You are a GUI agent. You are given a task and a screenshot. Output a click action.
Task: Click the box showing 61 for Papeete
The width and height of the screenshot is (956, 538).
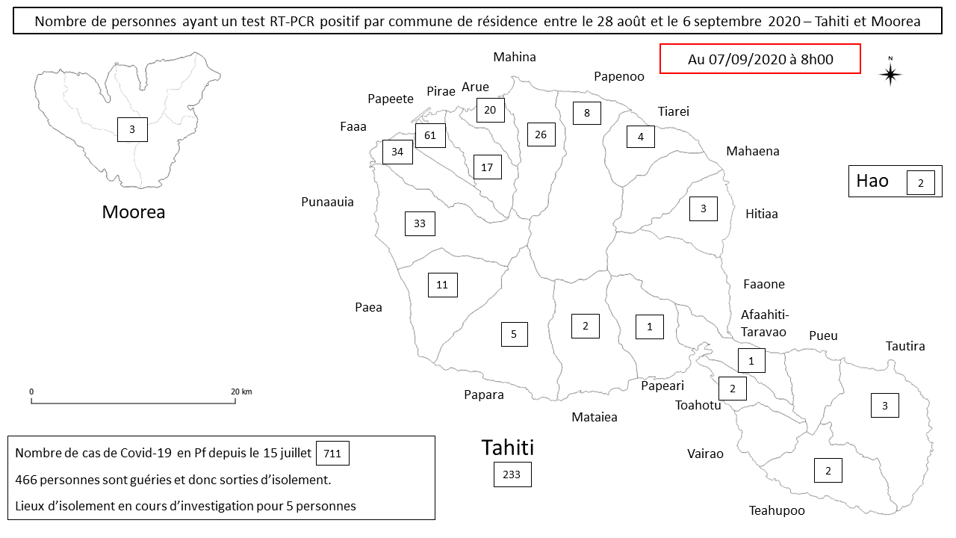click(430, 135)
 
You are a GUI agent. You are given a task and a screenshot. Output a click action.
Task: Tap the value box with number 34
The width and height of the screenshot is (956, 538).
click(397, 152)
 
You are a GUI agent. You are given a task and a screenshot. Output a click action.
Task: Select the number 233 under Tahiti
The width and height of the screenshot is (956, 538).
click(512, 474)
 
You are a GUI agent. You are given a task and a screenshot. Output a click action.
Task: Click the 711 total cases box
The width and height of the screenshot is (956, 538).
click(333, 454)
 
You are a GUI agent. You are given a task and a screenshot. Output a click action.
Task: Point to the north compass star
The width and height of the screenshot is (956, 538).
click(890, 74)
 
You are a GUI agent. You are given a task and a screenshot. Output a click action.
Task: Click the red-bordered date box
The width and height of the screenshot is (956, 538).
click(760, 59)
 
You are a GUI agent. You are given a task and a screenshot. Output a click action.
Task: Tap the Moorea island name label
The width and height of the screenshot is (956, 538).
click(134, 212)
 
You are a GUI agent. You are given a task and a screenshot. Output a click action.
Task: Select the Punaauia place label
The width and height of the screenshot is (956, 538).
click(327, 202)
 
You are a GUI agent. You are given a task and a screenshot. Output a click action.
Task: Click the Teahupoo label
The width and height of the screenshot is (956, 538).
click(777, 511)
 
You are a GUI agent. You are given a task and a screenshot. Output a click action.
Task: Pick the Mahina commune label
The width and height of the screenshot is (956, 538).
click(515, 57)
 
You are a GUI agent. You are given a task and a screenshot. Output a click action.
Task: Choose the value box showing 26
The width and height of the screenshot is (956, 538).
click(541, 134)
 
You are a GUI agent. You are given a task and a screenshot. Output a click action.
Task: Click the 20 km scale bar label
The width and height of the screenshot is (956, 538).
click(241, 392)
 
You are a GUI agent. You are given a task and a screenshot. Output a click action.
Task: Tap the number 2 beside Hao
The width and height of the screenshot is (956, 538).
click(921, 183)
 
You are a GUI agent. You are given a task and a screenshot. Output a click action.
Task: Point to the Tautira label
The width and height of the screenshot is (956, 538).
click(905, 346)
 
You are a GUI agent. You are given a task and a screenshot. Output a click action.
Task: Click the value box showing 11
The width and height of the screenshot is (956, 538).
click(442, 285)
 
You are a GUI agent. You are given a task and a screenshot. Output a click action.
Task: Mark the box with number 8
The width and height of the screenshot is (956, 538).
click(587, 113)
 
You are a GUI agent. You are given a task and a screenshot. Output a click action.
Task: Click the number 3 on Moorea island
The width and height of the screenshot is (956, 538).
click(132, 130)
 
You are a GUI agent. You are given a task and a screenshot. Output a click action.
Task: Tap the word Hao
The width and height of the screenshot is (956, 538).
click(872, 181)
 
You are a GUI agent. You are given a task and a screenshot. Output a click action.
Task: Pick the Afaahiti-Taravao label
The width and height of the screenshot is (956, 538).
click(764, 323)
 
